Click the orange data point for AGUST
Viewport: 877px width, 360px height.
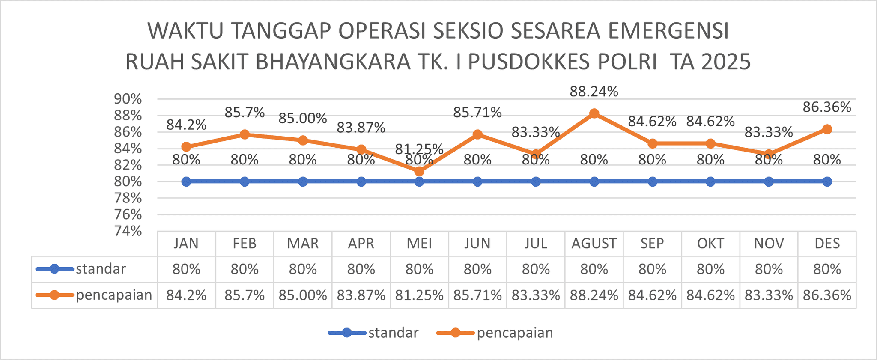pyautogui.click(x=594, y=113)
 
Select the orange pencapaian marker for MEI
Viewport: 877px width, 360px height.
pyautogui.click(x=419, y=172)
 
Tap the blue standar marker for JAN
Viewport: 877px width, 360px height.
pyautogui.click(x=186, y=181)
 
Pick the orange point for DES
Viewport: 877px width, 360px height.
pyautogui.click(x=827, y=129)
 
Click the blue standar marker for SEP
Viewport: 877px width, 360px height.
pyautogui.click(x=652, y=181)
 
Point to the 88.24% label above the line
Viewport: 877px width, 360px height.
pyautogui.click(x=594, y=92)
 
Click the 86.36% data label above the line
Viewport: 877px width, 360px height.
pyautogui.click(x=827, y=107)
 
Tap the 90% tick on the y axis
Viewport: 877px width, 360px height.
pyautogui.click(x=128, y=99)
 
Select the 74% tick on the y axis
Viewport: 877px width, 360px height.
pyautogui.click(x=128, y=231)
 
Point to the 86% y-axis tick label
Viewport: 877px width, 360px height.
pyautogui.click(x=128, y=132)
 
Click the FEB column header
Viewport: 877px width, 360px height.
pyautogui.click(x=245, y=244)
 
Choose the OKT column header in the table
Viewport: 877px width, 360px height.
pyautogui.click(x=710, y=244)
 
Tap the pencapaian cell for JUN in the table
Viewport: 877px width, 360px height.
pyautogui.click(x=477, y=295)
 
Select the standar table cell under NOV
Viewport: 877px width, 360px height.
pyautogui.click(x=769, y=269)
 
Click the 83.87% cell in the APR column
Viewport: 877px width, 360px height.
pyautogui.click(x=361, y=295)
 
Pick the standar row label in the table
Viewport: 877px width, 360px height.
pyautogui.click(x=101, y=269)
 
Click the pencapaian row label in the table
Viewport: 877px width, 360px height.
pyautogui.click(x=114, y=295)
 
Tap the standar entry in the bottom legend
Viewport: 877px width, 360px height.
pyautogui.click(x=393, y=333)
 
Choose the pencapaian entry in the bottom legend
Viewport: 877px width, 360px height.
pyautogui.click(x=515, y=333)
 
